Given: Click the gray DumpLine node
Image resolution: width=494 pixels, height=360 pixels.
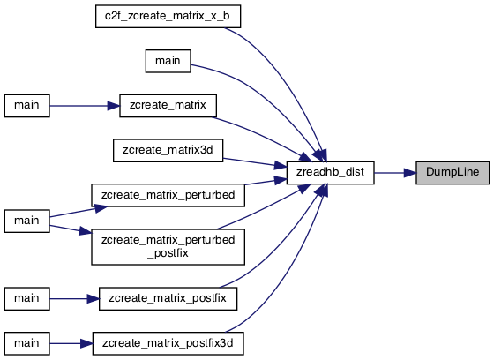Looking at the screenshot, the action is (453, 173).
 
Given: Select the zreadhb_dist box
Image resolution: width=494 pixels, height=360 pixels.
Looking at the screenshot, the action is (330, 173).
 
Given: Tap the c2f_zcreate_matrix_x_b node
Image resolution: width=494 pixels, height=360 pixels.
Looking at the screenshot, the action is (168, 16).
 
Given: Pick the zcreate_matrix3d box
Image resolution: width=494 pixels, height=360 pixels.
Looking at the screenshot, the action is (168, 150).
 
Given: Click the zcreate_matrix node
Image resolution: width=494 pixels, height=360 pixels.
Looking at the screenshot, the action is (168, 106).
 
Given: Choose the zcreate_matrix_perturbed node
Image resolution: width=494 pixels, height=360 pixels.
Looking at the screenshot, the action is (168, 195).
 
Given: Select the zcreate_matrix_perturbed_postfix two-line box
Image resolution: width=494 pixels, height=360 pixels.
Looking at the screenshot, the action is (168, 247).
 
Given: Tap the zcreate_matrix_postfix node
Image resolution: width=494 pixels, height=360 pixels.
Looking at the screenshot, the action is (168, 298).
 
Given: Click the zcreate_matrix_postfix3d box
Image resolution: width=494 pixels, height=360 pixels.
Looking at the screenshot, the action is (168, 343).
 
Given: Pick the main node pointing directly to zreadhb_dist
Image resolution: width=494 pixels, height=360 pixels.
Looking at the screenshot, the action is (168, 61).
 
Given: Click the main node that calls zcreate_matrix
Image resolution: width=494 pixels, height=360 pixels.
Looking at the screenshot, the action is (26, 106).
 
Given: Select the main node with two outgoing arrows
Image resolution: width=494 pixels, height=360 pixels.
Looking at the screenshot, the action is (26, 221).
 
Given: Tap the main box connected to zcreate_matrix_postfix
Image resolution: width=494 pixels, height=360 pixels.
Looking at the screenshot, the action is (26, 298).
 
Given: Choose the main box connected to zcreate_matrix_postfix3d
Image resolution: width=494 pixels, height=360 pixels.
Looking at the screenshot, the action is (26, 343).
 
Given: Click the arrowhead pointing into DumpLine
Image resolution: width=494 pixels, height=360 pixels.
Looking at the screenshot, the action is (410, 173).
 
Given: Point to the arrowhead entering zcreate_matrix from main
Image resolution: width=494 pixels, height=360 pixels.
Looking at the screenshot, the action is (114, 106).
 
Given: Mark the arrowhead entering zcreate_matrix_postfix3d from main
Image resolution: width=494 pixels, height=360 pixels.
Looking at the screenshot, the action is (86, 343).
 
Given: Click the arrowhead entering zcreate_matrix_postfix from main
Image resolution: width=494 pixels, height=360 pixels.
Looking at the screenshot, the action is (93, 298).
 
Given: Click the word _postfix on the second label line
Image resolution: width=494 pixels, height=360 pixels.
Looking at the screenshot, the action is (168, 253).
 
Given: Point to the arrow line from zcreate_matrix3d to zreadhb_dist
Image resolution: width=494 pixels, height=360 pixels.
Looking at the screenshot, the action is (249, 162).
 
